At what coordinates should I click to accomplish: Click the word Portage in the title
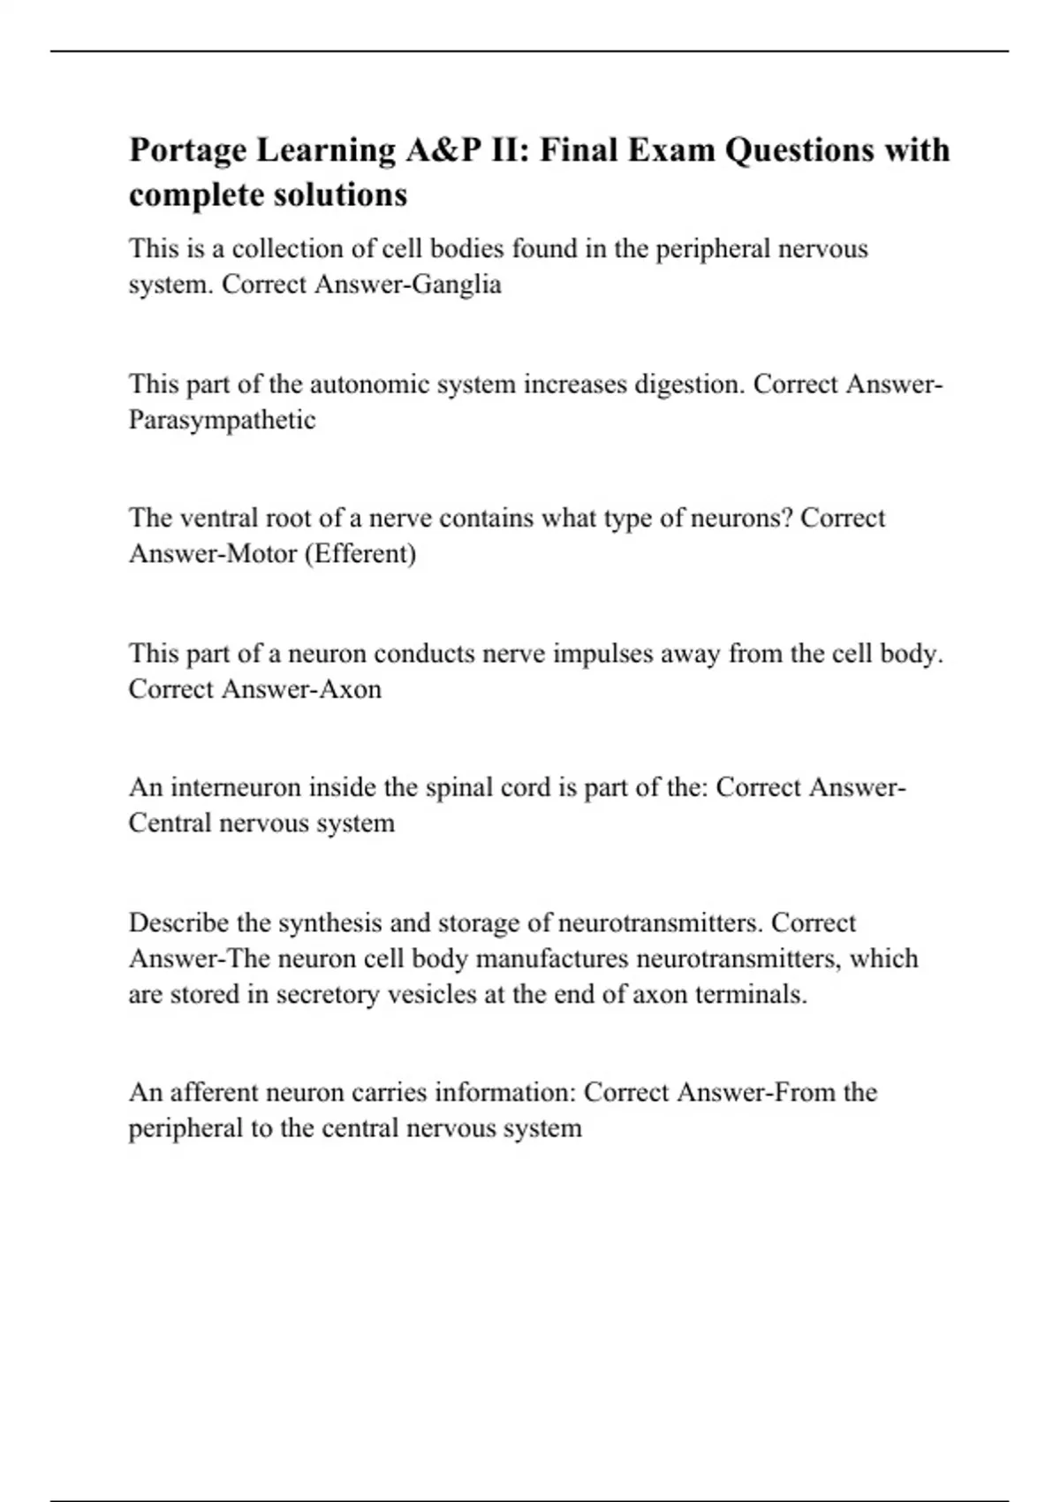point(187,150)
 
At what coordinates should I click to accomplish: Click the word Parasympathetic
point(222,420)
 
